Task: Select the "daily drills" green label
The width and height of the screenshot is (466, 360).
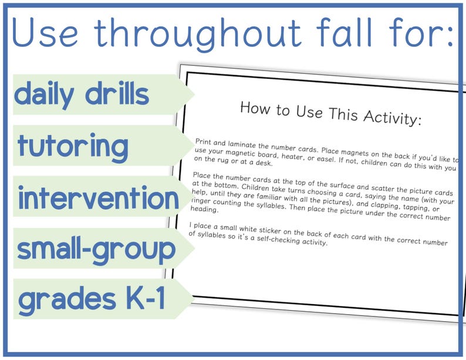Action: click(82, 95)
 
